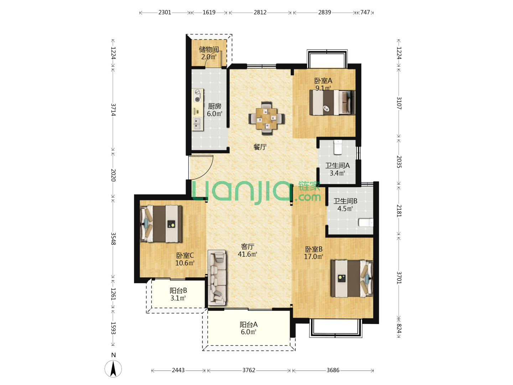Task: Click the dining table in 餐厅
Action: (266, 118)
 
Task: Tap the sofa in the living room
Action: (217, 278)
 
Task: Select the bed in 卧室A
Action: (332, 103)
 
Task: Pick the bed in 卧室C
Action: (161, 224)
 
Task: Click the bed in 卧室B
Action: (352, 278)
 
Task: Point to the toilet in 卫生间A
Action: (338, 147)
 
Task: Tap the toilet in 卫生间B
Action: (366, 222)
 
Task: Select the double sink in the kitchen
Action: (197, 124)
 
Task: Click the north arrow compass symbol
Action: (113, 369)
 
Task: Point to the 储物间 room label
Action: (209, 49)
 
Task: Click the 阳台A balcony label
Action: (249, 324)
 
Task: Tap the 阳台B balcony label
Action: (178, 291)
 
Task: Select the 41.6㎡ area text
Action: (248, 254)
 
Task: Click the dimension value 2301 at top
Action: (165, 12)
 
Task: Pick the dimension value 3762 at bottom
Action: (249, 370)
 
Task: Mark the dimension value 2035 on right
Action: (399, 162)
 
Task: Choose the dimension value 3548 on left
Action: (113, 239)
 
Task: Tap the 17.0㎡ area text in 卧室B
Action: (313, 257)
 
